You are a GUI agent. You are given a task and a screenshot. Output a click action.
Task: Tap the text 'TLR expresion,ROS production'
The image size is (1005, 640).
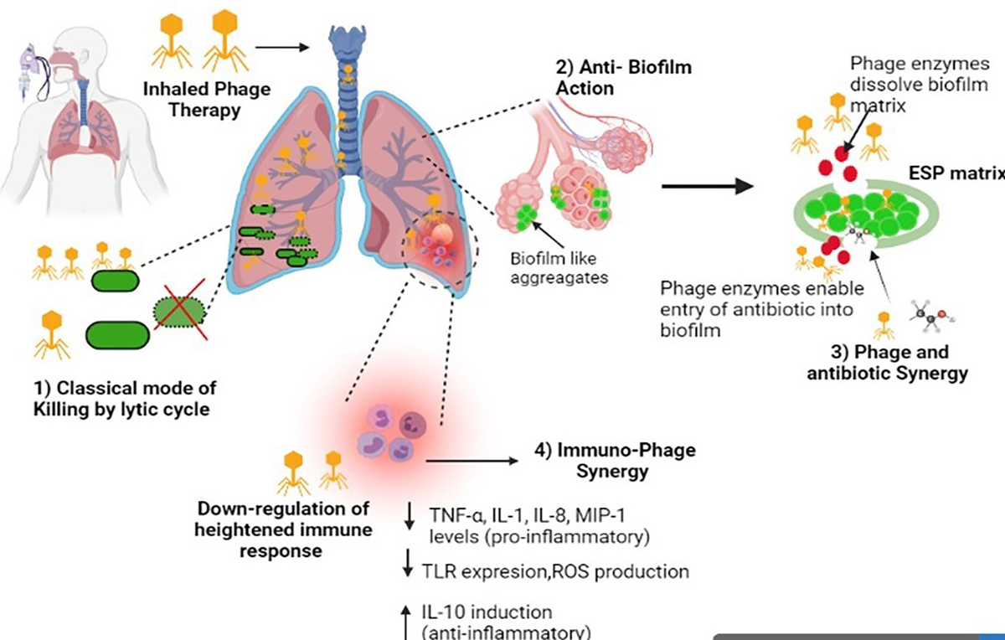click(x=558, y=571)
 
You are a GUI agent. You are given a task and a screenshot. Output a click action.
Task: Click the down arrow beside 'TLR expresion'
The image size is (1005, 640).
click(x=408, y=570)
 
